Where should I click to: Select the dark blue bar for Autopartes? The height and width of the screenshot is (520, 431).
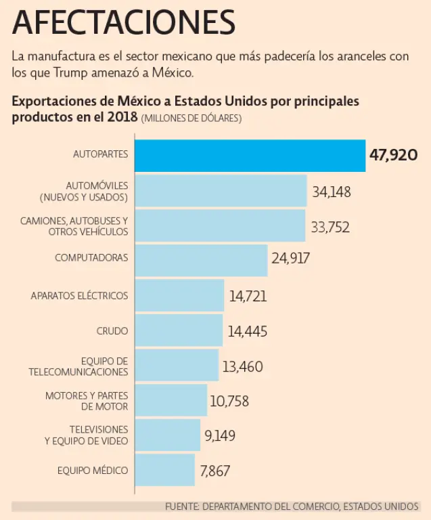tap(250, 155)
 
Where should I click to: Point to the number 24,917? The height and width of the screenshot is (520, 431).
tap(290, 259)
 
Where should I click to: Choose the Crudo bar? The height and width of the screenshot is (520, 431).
tap(179, 330)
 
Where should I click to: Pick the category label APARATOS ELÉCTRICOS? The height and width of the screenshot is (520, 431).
tap(79, 296)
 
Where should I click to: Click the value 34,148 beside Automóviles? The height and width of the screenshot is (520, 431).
tap(332, 192)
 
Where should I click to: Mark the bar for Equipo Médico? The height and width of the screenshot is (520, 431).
tap(165, 470)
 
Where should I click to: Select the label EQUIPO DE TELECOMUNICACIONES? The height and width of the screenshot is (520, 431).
tap(78, 366)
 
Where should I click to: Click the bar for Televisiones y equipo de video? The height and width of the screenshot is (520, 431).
tap(168, 435)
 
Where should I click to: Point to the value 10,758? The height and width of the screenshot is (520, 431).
tap(229, 402)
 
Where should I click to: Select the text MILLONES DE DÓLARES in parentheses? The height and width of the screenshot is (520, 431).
tap(191, 118)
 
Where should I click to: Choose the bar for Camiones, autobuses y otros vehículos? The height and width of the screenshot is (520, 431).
tap(221, 225)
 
